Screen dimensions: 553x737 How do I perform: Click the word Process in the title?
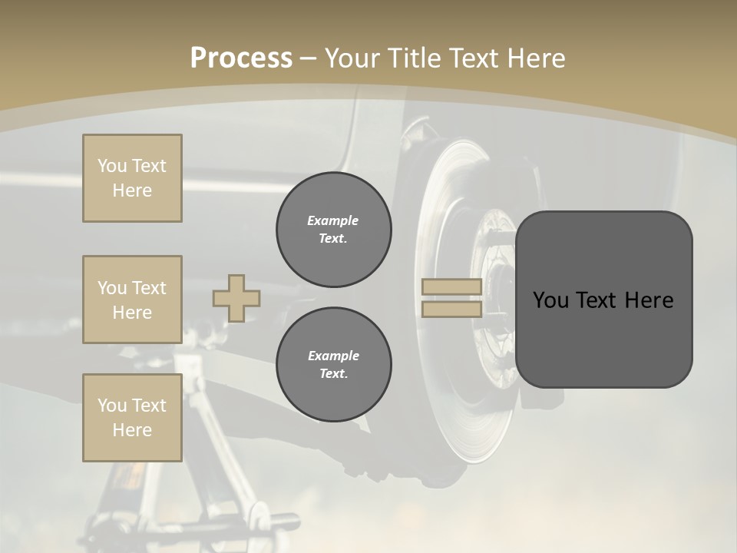(241, 58)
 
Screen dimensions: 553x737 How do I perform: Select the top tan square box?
(132, 178)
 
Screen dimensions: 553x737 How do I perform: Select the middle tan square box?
(132, 300)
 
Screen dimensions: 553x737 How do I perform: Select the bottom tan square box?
(132, 418)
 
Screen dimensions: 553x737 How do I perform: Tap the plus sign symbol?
(236, 298)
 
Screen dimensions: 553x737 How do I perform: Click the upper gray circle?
(333, 229)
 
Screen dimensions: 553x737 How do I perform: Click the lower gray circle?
(333, 364)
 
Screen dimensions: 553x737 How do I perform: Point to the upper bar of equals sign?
(452, 287)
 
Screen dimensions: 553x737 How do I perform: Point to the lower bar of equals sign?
(452, 309)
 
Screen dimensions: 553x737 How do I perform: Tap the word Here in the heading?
(533, 58)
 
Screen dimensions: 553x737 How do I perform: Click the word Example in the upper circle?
(333, 220)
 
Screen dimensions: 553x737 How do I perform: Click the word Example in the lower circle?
(333, 356)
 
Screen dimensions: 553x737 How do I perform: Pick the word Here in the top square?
(132, 190)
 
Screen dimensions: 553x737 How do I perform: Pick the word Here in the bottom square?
(132, 430)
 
